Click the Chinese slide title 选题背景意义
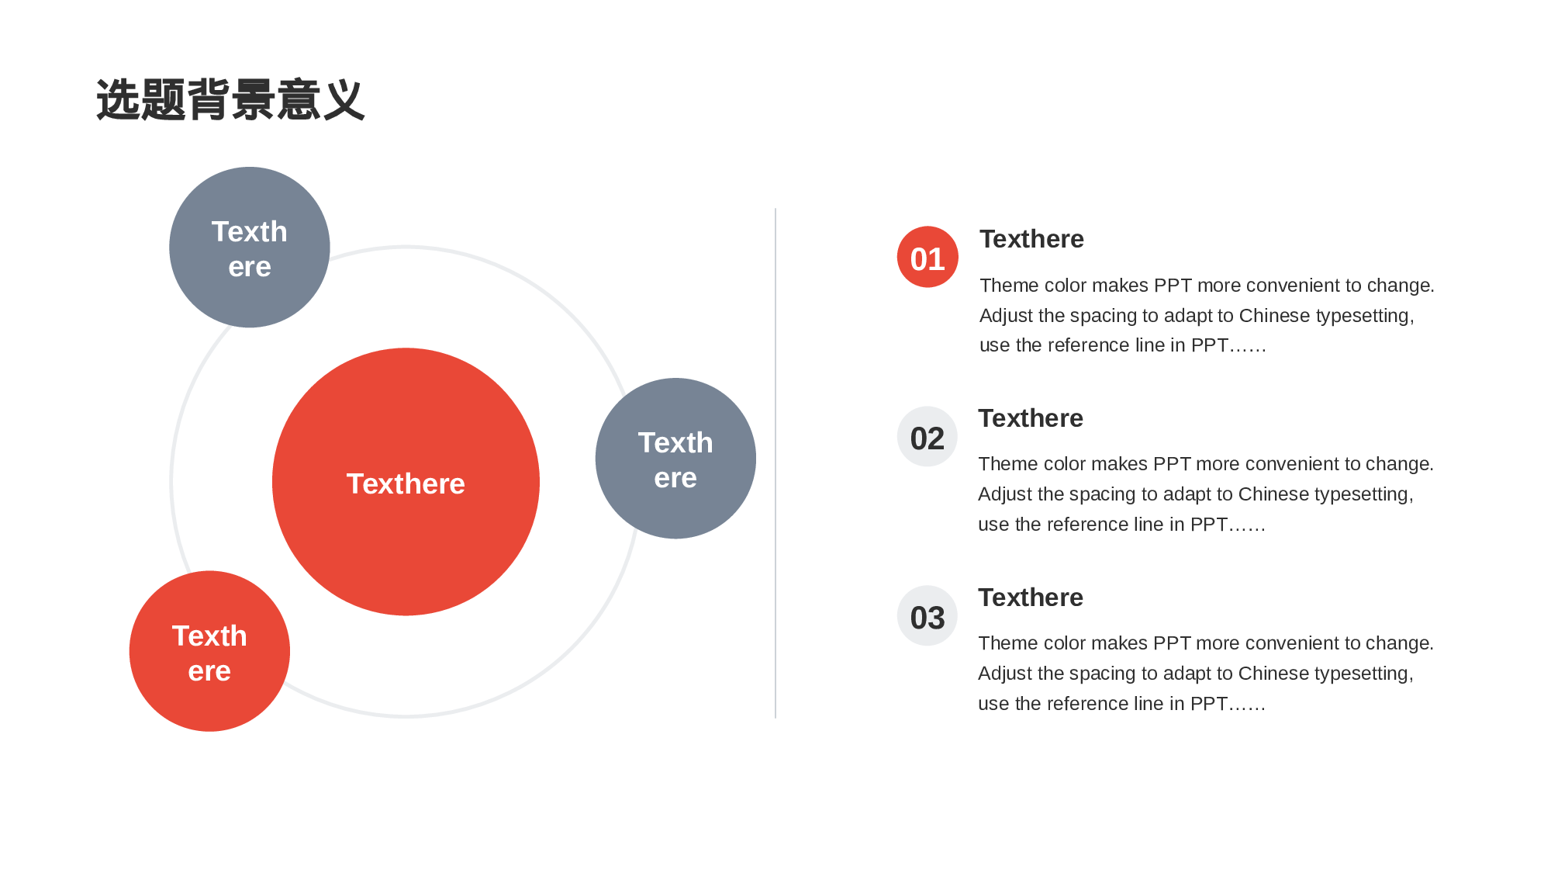point(230,100)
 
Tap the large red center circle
point(406,482)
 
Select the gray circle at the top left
point(250,247)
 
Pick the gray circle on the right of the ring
point(675,459)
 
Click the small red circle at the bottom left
point(209,651)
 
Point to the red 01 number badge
point(927,257)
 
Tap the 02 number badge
point(927,437)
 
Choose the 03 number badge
point(927,616)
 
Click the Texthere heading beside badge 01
point(1031,239)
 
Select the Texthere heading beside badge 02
point(1031,418)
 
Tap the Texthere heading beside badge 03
point(1031,598)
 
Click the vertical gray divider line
point(775,463)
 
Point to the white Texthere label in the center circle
point(406,483)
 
